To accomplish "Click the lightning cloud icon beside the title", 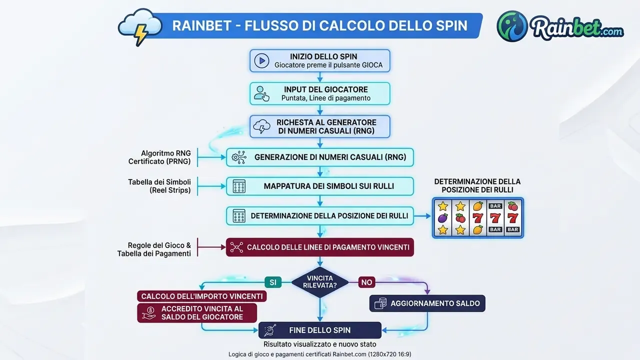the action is tap(140, 27).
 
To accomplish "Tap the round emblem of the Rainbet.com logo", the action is tap(512, 26).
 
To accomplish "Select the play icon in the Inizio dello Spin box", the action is tap(261, 61).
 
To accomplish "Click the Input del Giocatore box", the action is tap(319, 93).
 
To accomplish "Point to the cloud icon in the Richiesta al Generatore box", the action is tap(261, 126).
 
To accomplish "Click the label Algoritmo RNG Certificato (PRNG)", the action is tap(159, 157).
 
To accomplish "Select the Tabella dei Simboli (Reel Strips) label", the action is tap(159, 186).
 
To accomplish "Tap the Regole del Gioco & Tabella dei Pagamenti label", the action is tap(154, 249).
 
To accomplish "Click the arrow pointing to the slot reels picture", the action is tap(422, 216).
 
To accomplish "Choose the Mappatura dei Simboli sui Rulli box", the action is tap(319, 186).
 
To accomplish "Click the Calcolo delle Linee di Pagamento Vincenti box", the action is tap(319, 247).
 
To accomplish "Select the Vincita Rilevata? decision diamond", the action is tap(320, 282).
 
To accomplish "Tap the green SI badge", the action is tap(273, 282).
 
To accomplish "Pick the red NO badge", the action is tap(366, 282).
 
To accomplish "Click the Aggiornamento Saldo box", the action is tap(427, 303).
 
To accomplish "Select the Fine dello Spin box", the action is tap(319, 330).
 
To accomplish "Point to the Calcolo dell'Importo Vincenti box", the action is tap(201, 296).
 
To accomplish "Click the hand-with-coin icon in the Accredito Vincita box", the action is tap(149, 313).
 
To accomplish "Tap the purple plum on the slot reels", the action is tap(442, 218).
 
